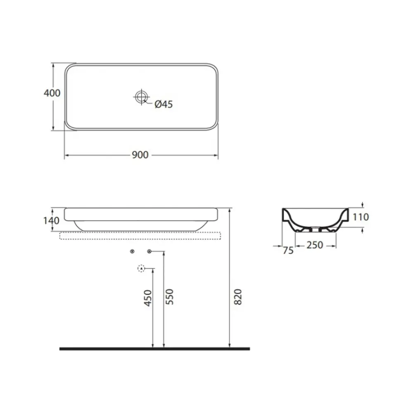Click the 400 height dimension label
tap(52, 93)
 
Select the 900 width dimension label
tap(140, 155)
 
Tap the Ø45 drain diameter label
tap(164, 104)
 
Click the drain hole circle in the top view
tap(141, 97)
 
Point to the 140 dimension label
tap(51, 221)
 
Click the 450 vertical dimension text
tap(148, 298)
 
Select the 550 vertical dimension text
tap(169, 297)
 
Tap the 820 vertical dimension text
tap(238, 297)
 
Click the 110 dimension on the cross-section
tap(361, 217)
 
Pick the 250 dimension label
tap(315, 245)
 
